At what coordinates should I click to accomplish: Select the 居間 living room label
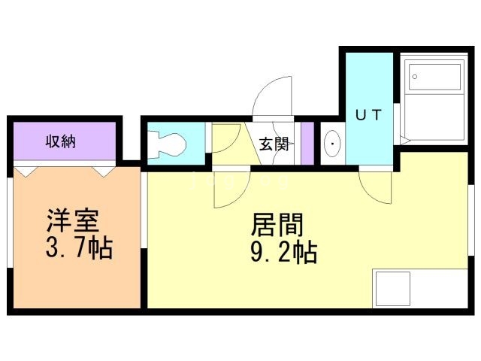(x=277, y=225)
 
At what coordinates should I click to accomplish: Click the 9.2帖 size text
(x=283, y=251)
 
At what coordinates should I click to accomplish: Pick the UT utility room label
(x=368, y=115)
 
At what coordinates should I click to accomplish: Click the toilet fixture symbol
(x=166, y=142)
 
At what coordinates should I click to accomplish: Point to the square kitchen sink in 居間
(x=392, y=290)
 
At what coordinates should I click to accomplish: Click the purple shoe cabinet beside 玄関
(x=306, y=142)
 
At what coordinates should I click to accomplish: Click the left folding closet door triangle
(x=27, y=172)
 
